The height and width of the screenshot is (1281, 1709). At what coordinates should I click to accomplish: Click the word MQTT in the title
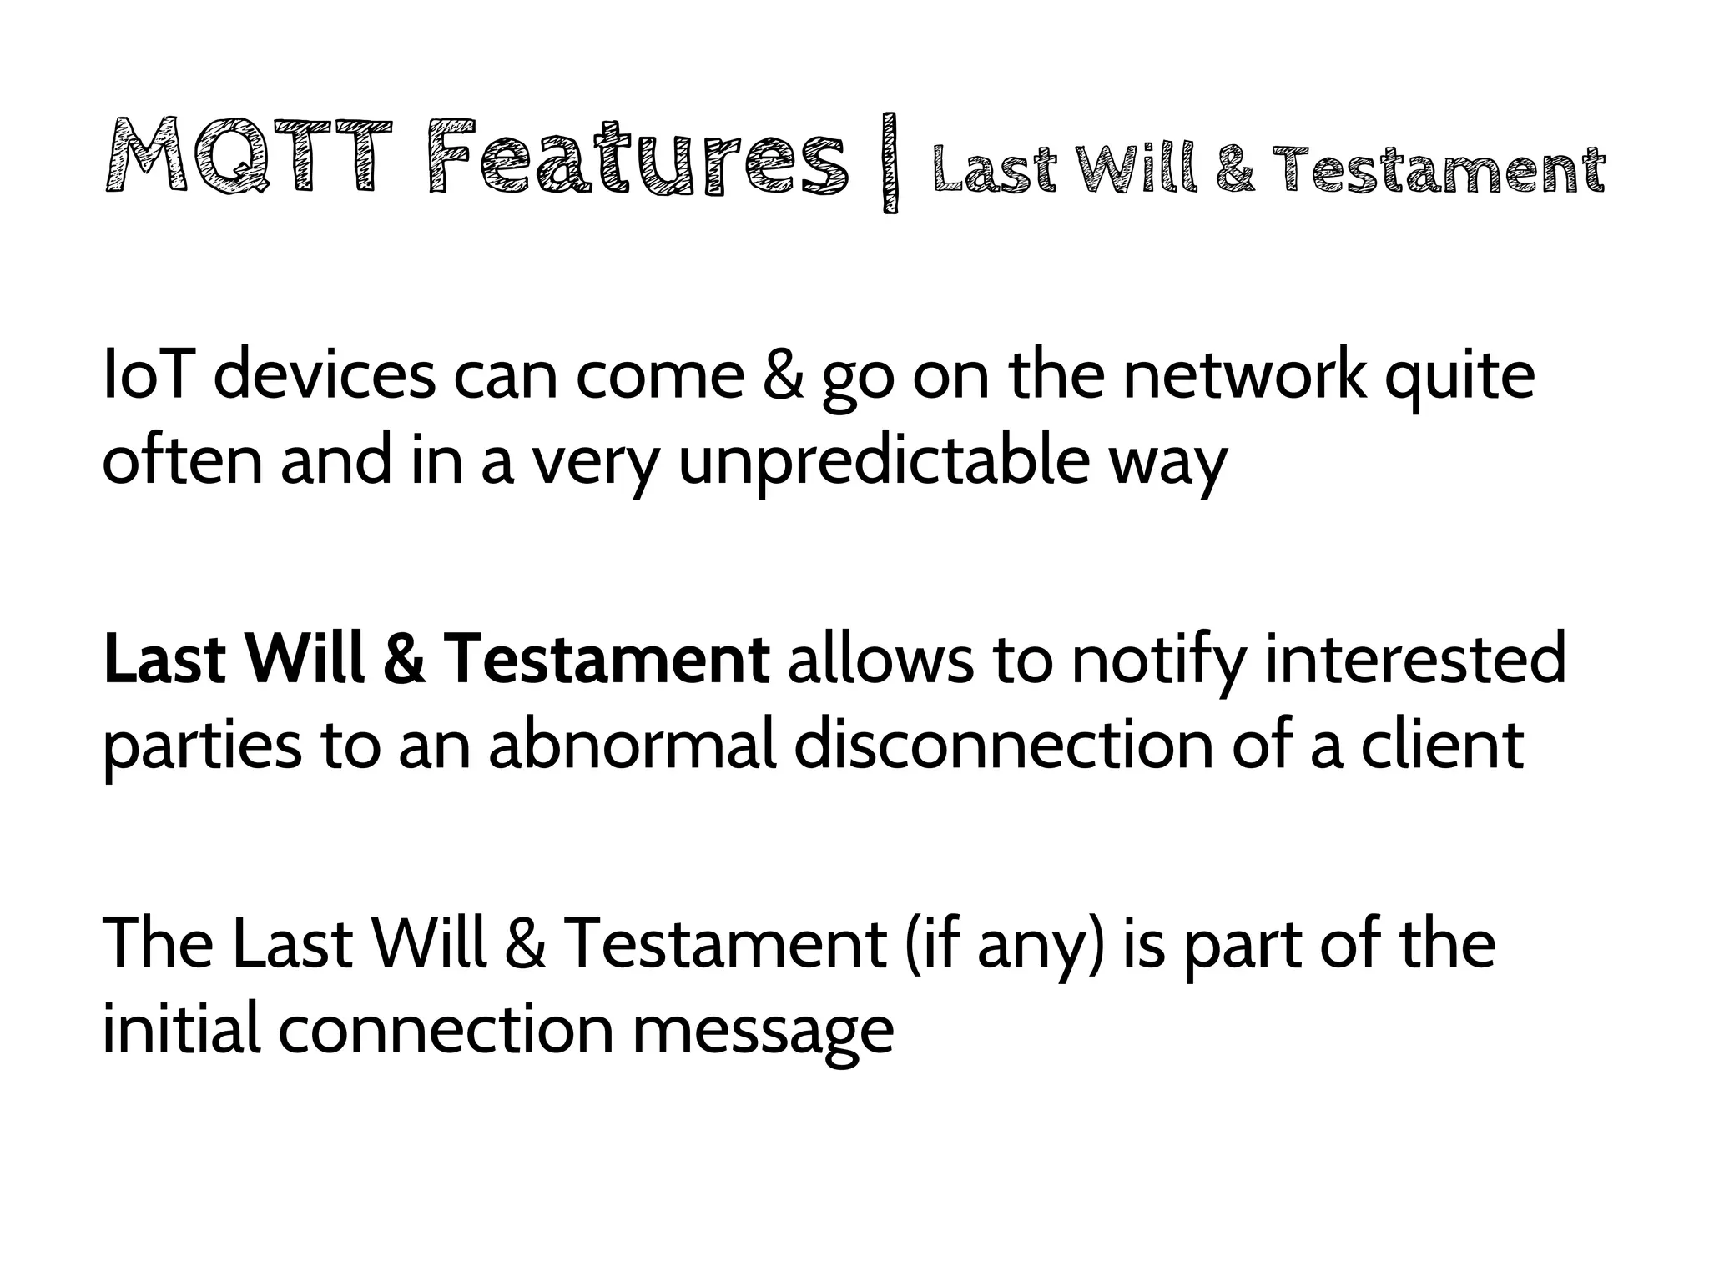point(249,158)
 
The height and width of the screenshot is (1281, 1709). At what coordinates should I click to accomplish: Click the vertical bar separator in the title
point(890,163)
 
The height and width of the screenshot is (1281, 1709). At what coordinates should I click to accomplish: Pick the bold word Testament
point(607,659)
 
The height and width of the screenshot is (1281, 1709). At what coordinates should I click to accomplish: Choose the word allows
point(880,659)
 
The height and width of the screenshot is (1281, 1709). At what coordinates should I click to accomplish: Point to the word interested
point(1415,659)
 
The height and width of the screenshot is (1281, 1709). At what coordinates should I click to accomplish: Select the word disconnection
point(1002,744)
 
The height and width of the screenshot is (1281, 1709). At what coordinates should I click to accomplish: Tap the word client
point(1442,744)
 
